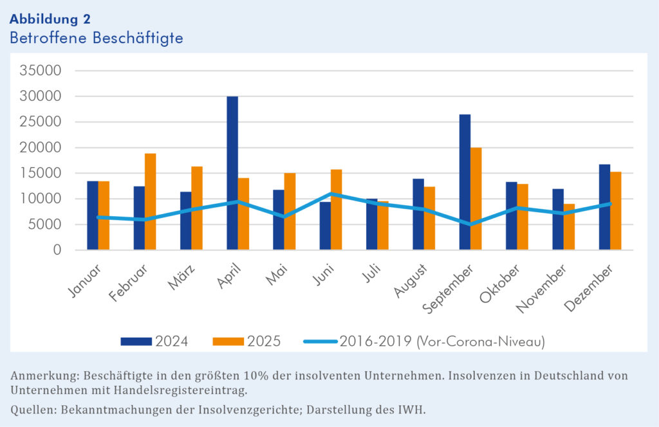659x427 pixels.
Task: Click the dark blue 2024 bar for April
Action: pyautogui.click(x=232, y=173)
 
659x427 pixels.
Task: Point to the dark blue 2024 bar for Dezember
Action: pyautogui.click(x=604, y=206)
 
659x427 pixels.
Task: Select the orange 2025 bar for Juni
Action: pyautogui.click(x=336, y=209)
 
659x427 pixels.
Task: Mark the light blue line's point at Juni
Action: pyautogui.click(x=331, y=194)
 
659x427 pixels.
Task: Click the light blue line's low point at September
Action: pyautogui.click(x=470, y=224)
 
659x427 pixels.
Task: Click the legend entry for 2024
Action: pyautogui.click(x=154, y=341)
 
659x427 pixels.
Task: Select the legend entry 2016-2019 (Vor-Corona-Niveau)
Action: pyautogui.click(x=425, y=341)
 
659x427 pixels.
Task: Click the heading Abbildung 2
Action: pyautogui.click(x=50, y=19)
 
